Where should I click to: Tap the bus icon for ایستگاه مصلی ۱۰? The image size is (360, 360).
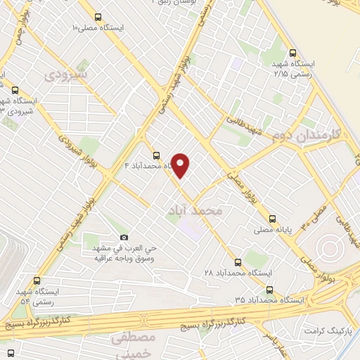click(x=98, y=18)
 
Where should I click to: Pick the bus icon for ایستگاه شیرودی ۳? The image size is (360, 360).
click(x=15, y=89)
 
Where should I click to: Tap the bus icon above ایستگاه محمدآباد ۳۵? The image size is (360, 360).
click(x=269, y=289)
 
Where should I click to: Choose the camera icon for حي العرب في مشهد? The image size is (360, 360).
click(x=124, y=236)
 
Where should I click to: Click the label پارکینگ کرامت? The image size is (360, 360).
click(x=327, y=330)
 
